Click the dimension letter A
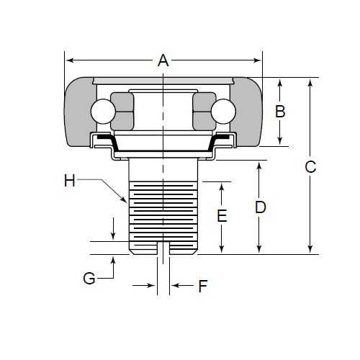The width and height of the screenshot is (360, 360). click(163, 60)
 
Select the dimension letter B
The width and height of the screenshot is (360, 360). click(280, 112)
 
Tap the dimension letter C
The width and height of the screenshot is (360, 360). click(310, 167)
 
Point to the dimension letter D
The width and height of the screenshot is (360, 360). click(261, 207)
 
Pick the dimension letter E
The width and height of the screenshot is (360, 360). click(222, 215)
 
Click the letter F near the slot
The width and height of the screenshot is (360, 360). click(203, 286)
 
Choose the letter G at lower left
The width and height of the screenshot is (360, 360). click(89, 279)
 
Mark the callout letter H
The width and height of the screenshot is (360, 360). click(70, 180)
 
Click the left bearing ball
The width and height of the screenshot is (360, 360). click(103, 112)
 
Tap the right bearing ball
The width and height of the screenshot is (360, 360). click(223, 112)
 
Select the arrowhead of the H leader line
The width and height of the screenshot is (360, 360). click(124, 199)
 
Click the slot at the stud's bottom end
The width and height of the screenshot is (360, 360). click(163, 248)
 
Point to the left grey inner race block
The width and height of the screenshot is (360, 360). click(122, 112)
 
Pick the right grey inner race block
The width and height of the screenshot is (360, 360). click(204, 112)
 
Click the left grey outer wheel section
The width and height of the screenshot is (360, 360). click(80, 112)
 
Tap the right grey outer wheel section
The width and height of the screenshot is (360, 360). click(246, 112)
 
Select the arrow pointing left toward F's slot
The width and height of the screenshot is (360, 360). click(183, 286)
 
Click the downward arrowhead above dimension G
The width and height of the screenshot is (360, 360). click(113, 235)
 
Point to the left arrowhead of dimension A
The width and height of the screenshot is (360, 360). click(70, 60)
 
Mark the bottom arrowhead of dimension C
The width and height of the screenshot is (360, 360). click(310, 249)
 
